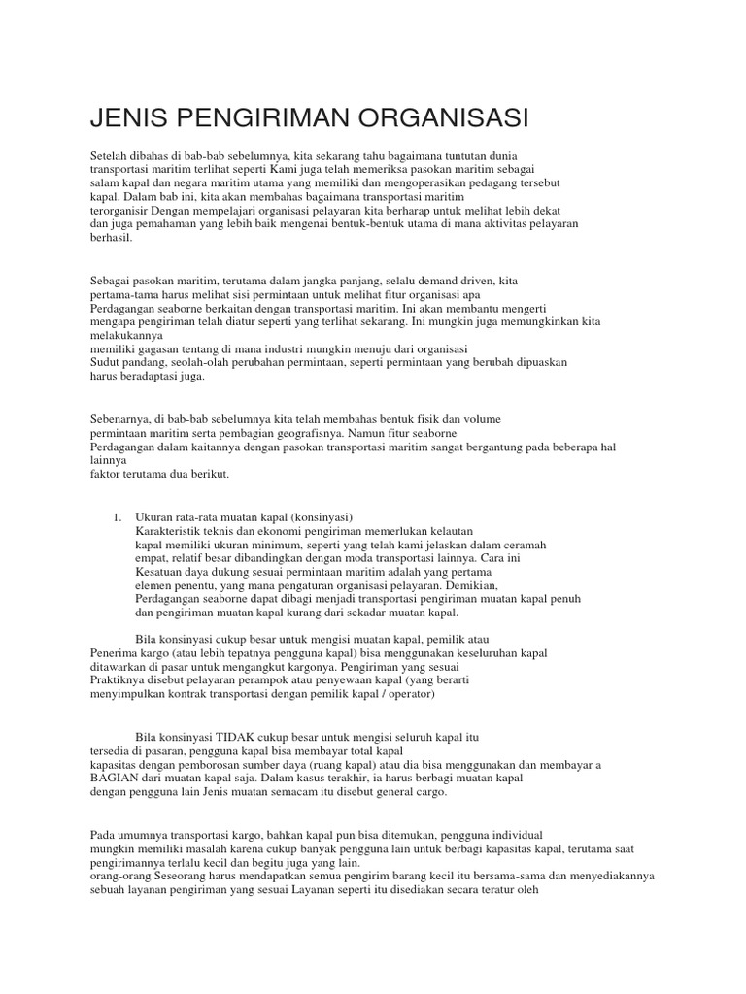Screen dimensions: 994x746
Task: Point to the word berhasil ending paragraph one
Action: (x=110, y=237)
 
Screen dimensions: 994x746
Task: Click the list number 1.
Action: (x=116, y=518)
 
